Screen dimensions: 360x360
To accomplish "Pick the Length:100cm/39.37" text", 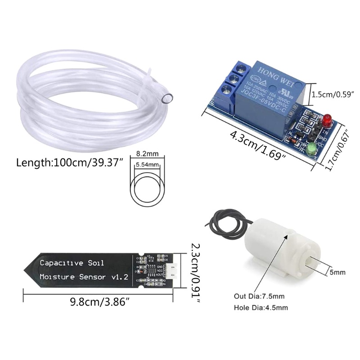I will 70,162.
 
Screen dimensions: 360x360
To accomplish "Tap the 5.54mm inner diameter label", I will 147,165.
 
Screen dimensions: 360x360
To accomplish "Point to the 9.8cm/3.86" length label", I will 99,302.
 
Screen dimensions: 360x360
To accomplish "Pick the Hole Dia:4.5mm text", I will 261,308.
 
